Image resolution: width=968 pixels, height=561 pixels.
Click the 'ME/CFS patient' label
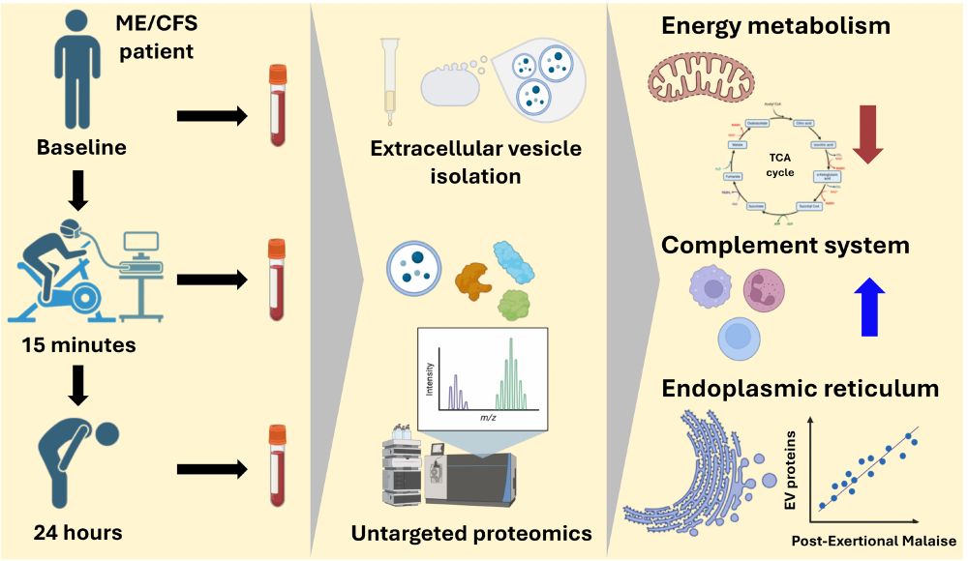158,36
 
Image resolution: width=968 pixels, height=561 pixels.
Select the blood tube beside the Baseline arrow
279,105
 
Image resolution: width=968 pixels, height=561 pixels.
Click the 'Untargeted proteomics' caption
471,533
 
